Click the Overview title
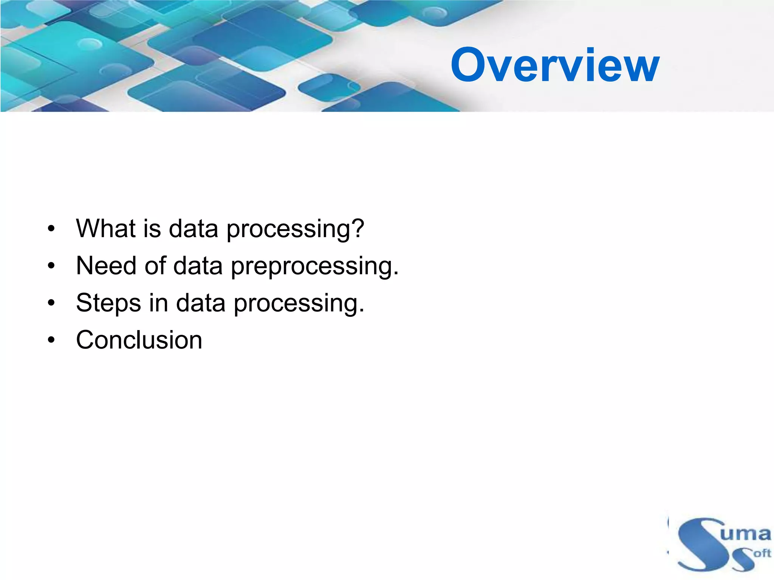[554, 65]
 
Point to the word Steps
[108, 303]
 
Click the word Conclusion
[139, 340]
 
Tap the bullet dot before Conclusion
[51, 340]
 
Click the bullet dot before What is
[51, 229]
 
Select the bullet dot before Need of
[51, 266]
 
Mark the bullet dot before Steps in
[51, 303]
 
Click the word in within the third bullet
[158, 303]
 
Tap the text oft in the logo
[761, 553]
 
